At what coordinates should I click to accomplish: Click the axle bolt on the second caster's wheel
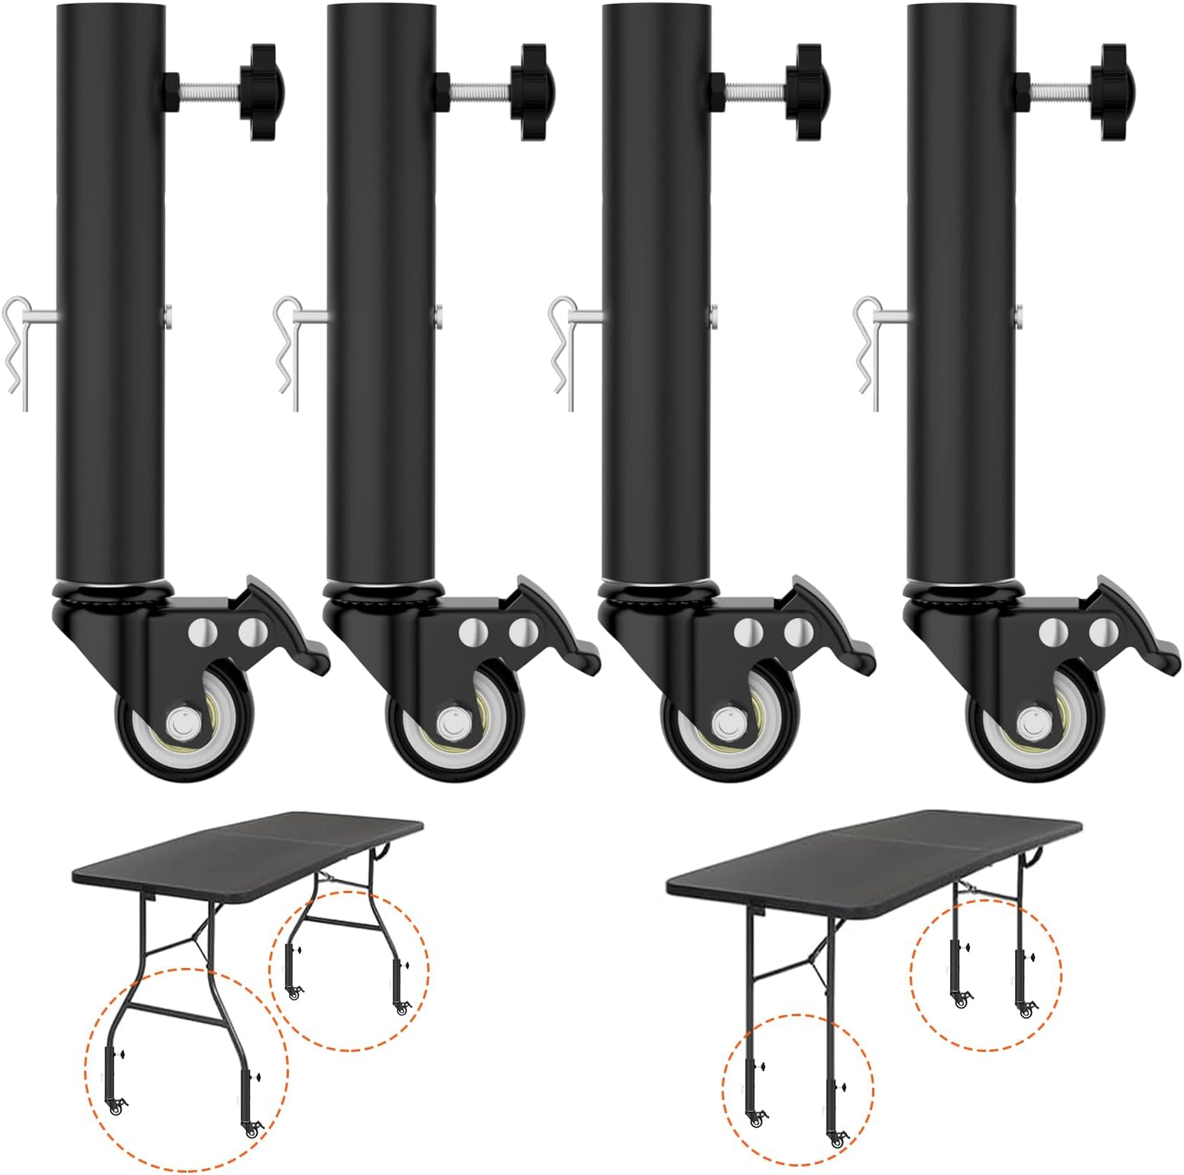453,721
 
